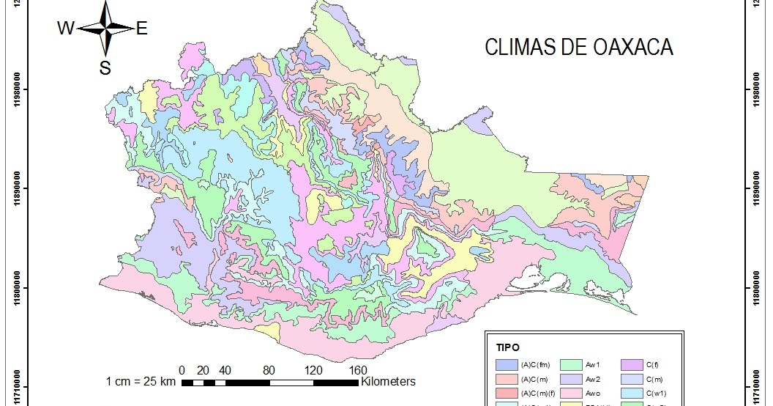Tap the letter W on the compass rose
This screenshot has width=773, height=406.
tap(65, 29)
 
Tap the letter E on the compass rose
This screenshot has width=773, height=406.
tap(142, 29)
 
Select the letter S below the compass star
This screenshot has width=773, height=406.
tap(105, 68)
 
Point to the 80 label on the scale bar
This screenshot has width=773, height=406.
tap(269, 369)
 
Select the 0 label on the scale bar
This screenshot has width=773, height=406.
tap(182, 369)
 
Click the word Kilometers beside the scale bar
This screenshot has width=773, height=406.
tap(388, 382)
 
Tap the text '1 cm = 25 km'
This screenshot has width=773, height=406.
tap(141, 382)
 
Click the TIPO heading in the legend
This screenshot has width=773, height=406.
tap(508, 347)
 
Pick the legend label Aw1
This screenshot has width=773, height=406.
tap(594, 364)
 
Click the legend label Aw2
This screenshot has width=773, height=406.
tap(594, 380)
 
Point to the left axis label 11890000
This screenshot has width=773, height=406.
tap(16, 188)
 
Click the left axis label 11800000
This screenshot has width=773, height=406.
tap(16, 287)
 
